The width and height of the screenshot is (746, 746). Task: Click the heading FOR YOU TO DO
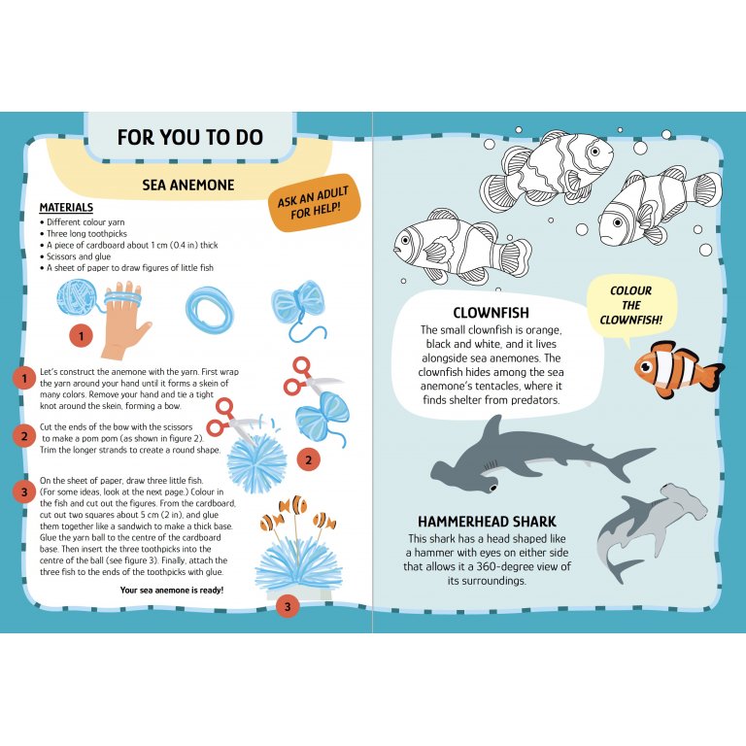(x=189, y=137)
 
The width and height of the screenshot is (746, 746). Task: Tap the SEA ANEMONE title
(x=187, y=185)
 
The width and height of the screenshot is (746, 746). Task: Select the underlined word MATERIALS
(x=66, y=208)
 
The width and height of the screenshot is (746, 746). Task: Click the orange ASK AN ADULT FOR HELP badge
(x=313, y=202)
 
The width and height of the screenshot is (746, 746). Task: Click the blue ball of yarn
(x=74, y=297)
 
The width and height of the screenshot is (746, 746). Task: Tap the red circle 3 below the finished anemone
(x=287, y=607)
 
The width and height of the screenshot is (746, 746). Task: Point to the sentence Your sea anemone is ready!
(x=171, y=590)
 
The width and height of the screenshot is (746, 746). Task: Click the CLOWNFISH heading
(x=490, y=313)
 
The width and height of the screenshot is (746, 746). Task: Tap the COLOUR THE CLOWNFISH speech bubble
(x=630, y=305)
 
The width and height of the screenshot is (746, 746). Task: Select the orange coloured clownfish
(x=676, y=369)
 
